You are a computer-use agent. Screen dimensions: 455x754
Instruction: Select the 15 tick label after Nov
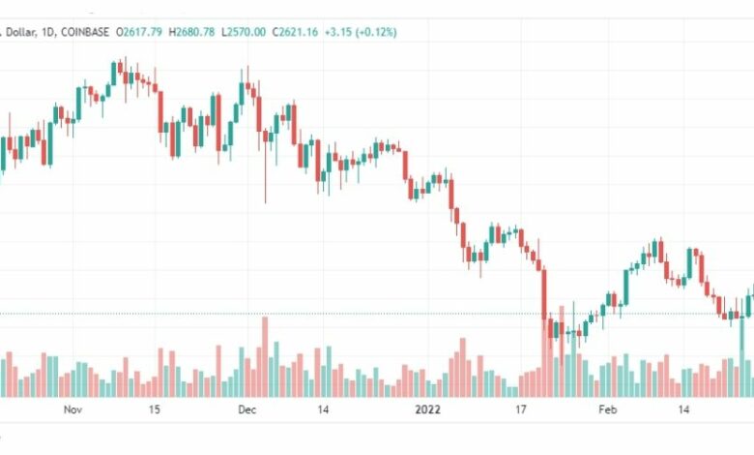tap(154, 410)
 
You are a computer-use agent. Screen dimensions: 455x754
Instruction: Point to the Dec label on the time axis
tap(246, 410)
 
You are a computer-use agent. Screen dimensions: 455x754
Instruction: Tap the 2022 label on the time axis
tap(426, 410)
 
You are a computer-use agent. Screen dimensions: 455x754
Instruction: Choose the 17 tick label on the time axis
tap(520, 410)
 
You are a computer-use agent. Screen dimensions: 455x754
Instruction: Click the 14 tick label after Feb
tap(682, 410)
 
